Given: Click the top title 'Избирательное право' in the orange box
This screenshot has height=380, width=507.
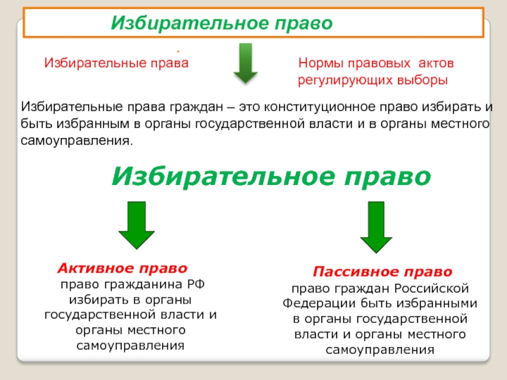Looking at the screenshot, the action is point(222,23).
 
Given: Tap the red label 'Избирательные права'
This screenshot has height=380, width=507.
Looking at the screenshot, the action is point(116,63).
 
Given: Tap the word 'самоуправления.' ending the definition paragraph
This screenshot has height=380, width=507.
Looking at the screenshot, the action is point(78,138).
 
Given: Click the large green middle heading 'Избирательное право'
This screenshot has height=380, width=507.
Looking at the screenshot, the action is point(271,175).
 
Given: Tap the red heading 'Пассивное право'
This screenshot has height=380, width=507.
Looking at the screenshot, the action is point(383,272).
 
